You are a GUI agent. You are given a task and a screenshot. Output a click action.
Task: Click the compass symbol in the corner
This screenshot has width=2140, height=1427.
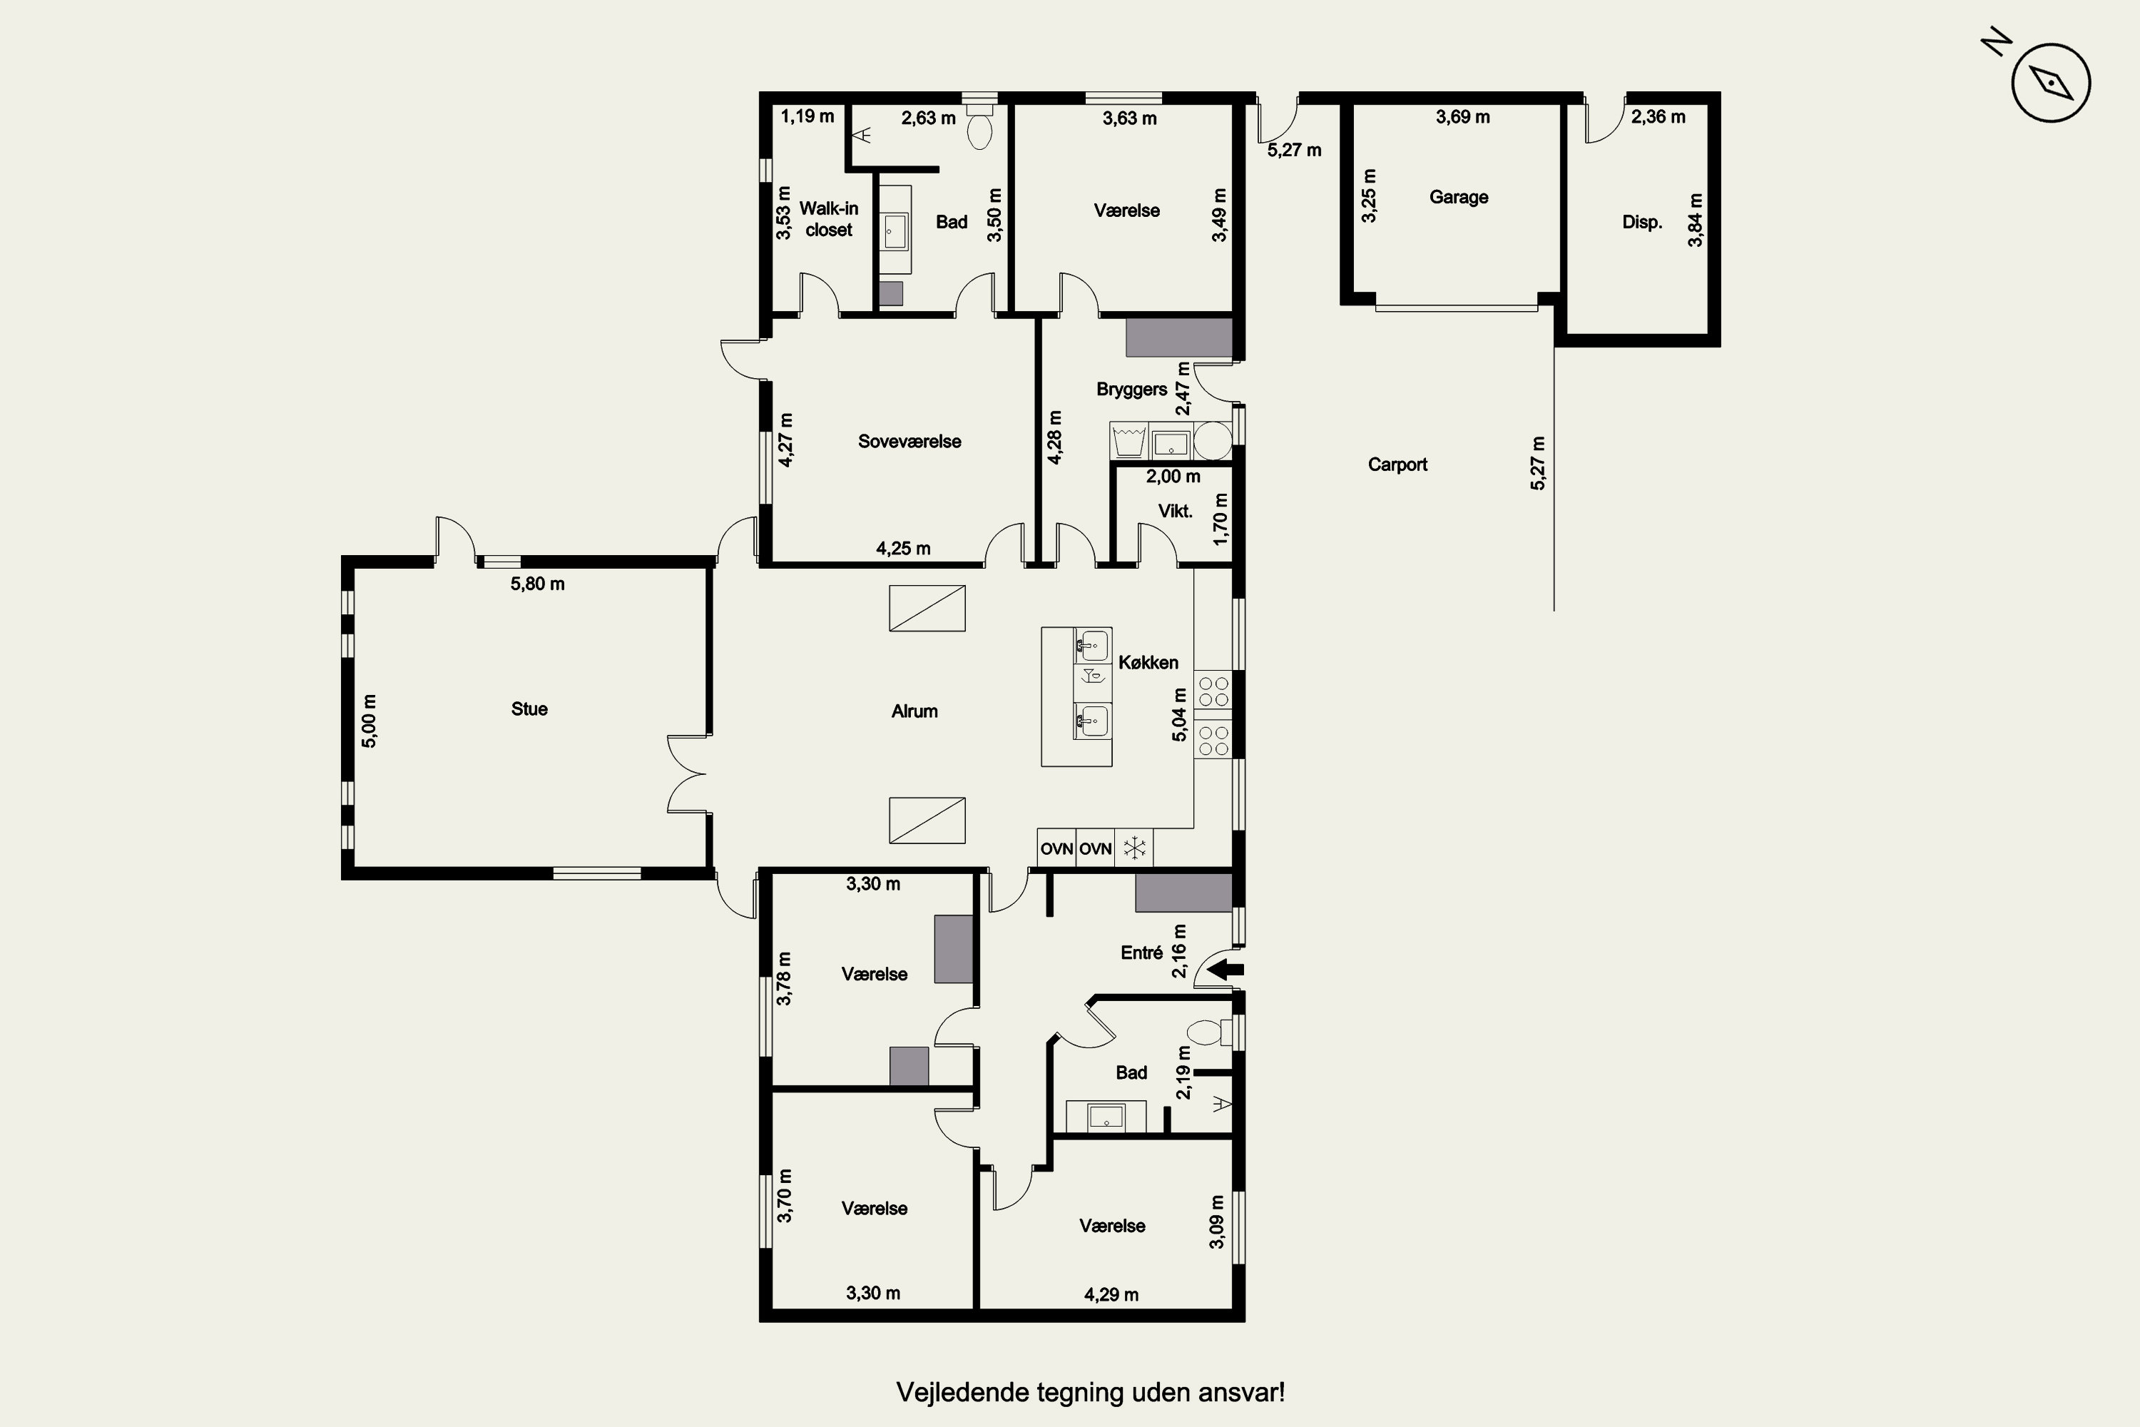tap(2051, 82)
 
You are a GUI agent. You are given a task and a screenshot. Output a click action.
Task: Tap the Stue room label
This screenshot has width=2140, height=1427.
tap(529, 709)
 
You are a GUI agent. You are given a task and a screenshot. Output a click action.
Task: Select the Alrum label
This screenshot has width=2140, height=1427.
tap(914, 711)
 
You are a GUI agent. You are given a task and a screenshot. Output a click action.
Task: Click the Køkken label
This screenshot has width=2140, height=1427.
tap(1148, 663)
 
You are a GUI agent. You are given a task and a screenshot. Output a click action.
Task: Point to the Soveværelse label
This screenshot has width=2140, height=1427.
tap(910, 442)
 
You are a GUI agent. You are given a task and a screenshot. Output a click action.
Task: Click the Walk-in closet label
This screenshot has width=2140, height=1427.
tap(829, 219)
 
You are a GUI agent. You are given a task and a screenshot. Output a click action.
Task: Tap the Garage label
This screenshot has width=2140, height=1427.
tap(1459, 198)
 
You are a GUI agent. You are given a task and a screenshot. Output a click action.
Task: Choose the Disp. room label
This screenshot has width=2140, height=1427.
tap(1642, 222)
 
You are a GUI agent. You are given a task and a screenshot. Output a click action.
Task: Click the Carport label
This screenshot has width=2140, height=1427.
tap(1397, 465)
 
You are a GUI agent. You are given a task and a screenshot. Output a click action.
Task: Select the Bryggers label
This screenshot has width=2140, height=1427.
tap(1132, 390)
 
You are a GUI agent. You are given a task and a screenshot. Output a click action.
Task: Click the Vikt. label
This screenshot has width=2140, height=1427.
tap(1176, 512)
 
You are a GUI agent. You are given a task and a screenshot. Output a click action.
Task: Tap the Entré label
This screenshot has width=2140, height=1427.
tap(1142, 953)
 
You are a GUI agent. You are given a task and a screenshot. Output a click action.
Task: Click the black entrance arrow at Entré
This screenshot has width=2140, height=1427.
tap(1225, 969)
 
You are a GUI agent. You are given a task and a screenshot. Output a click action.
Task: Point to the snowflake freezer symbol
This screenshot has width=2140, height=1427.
tap(1133, 848)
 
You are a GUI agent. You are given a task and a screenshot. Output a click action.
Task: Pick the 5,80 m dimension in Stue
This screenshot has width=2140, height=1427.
tap(538, 584)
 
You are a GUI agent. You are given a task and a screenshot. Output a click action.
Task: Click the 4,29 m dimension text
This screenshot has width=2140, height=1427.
tap(1111, 1295)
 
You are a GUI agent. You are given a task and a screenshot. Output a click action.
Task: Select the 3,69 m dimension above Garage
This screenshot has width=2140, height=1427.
tap(1463, 116)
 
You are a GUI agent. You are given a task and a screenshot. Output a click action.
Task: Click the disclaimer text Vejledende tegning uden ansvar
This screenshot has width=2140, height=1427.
tap(1091, 1393)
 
